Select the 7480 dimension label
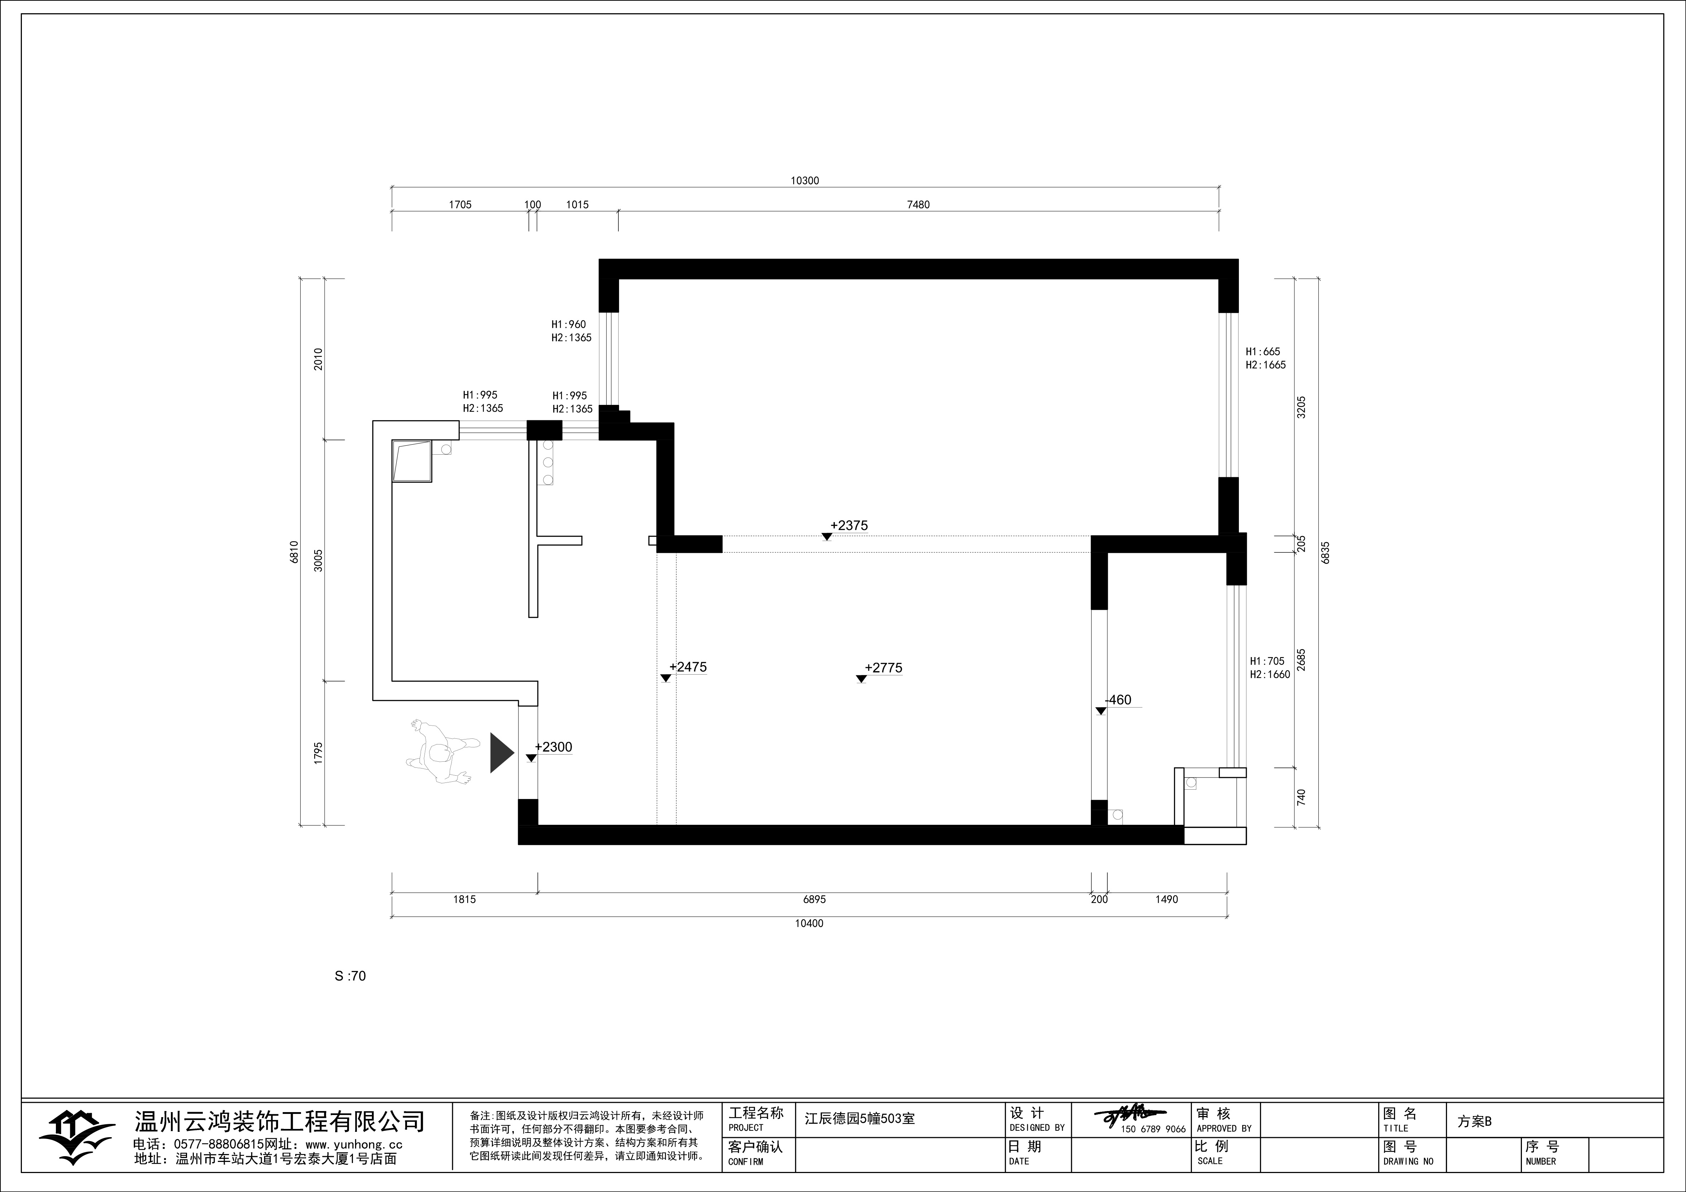[918, 205]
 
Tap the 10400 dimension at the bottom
[809, 924]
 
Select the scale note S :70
[350, 976]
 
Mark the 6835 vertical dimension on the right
[1326, 552]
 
